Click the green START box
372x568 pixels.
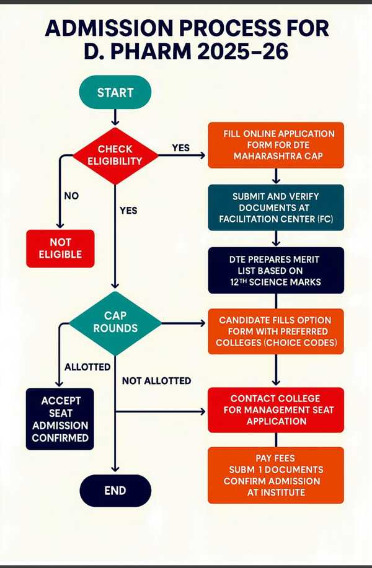click(115, 93)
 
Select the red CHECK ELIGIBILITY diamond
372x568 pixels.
click(115, 155)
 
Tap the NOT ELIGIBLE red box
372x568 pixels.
click(60, 248)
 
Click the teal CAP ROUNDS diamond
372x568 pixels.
click(115, 322)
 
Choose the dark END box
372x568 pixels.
click(115, 491)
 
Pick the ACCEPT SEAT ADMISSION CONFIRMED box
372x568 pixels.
click(60, 419)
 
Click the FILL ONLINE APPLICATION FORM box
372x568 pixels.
click(275, 145)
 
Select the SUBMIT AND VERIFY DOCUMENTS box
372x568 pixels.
click(275, 208)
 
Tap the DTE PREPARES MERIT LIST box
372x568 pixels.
click(275, 270)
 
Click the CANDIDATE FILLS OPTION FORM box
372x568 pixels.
click(275, 331)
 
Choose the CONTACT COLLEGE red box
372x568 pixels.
click(275, 409)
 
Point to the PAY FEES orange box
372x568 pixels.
click(275, 474)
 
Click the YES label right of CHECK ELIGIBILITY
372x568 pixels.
click(180, 148)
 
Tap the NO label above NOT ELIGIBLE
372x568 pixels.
click(71, 196)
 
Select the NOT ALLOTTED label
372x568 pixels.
click(156, 380)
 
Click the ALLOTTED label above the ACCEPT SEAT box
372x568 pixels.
click(87, 367)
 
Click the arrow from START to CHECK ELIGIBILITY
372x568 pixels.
click(115, 117)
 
